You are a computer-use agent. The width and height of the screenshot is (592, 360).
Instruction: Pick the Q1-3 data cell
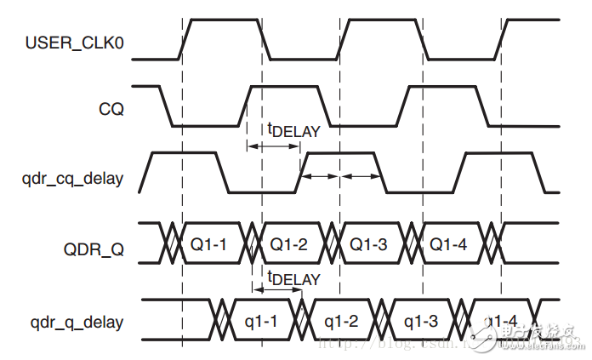367,244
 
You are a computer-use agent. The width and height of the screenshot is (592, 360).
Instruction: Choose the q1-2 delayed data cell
342,323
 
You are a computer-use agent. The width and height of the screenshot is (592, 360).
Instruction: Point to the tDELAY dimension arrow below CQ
273,146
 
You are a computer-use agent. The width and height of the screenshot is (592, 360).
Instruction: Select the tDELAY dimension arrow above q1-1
278,291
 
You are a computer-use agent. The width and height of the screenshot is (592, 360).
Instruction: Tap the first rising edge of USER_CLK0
186,39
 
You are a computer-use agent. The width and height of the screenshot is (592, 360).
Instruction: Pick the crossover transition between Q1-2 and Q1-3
333,244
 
